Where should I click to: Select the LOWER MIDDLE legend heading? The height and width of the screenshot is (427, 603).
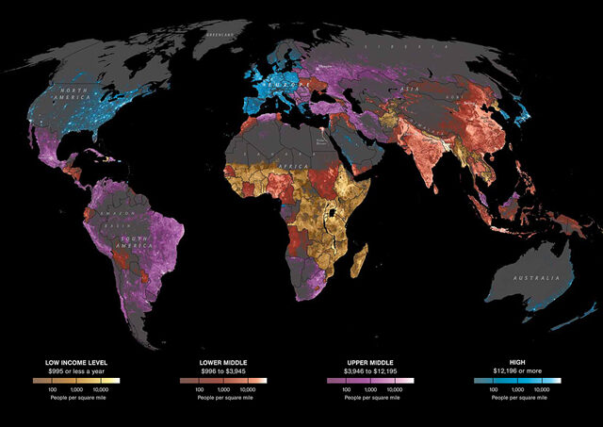pos(223,362)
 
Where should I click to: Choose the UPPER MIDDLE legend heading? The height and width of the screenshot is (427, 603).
pos(370,362)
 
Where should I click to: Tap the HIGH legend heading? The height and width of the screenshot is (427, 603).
pos(518,362)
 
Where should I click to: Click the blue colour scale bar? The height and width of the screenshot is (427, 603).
pos(518,381)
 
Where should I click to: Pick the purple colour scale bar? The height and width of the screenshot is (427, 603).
pos(370,381)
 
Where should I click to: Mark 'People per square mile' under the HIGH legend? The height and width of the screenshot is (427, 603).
pos(518,399)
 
